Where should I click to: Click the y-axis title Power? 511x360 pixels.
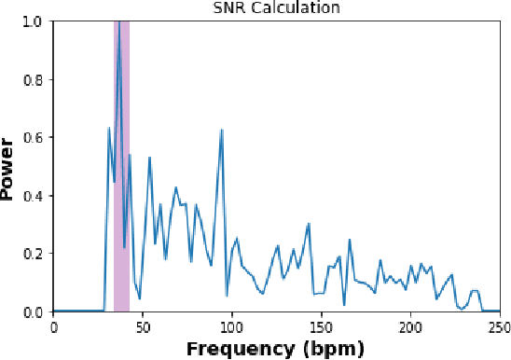click(9, 166)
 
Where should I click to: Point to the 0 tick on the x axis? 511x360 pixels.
click(53, 326)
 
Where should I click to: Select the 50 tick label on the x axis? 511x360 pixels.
click(143, 326)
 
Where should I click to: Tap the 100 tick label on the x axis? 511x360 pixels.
click(232, 326)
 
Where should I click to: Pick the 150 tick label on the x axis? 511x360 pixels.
click(321, 326)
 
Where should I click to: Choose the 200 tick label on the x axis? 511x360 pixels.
click(410, 326)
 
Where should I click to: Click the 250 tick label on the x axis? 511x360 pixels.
click(499, 326)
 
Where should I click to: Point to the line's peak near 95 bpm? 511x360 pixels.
click(222, 130)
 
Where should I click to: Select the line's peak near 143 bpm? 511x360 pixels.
click(309, 224)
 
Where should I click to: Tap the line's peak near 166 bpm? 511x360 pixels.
click(350, 240)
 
